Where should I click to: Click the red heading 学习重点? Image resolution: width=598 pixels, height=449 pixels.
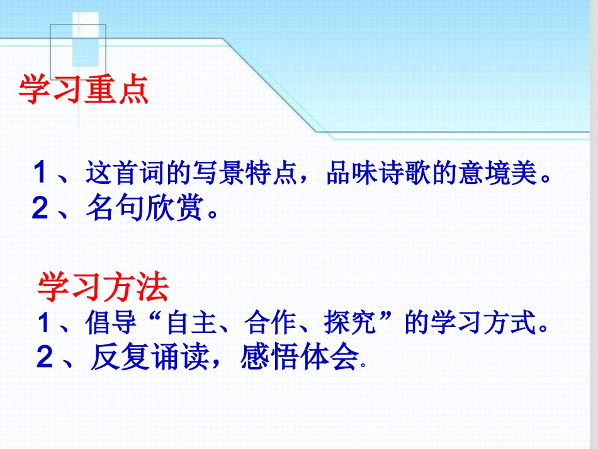84,90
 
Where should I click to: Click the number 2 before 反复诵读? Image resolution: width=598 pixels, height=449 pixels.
44,358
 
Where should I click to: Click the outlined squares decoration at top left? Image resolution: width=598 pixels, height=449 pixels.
79,44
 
